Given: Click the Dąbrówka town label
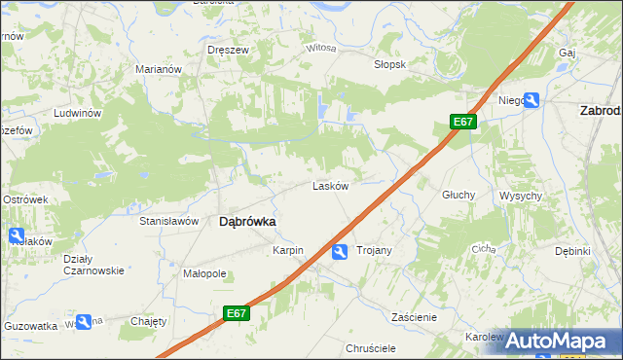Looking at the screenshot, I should [x=247, y=222].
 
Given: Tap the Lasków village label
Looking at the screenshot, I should [x=330, y=186].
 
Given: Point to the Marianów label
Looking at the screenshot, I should [x=160, y=69].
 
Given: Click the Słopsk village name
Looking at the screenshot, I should [x=389, y=64].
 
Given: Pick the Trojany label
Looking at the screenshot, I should [x=374, y=251].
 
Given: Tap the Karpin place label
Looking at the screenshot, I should [x=288, y=251].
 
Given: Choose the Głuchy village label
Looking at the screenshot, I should [x=458, y=195].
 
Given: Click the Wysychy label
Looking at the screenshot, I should [x=521, y=196].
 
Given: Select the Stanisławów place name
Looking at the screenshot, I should [x=169, y=222].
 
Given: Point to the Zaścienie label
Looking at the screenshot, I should [x=414, y=317].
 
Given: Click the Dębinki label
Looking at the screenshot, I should [x=572, y=251].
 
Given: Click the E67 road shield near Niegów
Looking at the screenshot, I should [x=463, y=122].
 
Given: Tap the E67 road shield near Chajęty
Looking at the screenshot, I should [x=235, y=313].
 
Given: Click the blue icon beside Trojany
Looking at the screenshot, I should [x=340, y=253].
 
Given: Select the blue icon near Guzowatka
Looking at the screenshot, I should [x=84, y=321].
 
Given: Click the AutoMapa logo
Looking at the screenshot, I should [x=558, y=341].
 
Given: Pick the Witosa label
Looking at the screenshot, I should [x=321, y=48].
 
